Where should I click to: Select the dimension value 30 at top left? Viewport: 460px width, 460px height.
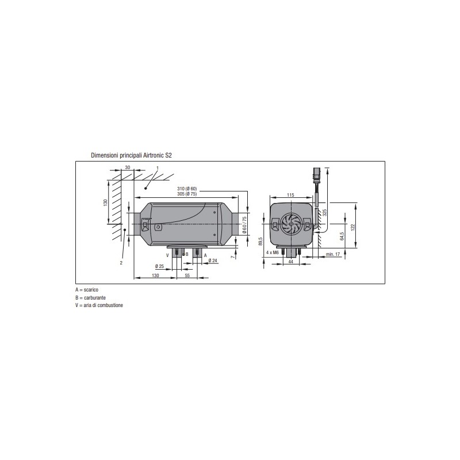point(128,167)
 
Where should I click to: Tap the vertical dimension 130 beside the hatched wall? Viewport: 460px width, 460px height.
point(105,204)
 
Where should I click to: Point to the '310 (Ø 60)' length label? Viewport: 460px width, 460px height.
point(187,189)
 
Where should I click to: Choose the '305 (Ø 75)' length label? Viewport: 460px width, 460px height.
point(187,194)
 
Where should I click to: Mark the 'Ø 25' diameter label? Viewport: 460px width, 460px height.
point(159,266)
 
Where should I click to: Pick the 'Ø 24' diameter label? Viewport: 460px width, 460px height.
point(213,260)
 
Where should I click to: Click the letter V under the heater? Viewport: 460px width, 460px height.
point(167,254)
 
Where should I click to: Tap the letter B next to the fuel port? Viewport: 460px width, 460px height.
point(187,254)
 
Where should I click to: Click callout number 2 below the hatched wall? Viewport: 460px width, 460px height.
point(121,262)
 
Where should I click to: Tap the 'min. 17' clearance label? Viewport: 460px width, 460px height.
point(333,254)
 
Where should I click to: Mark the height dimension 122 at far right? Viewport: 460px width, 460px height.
point(353,227)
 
